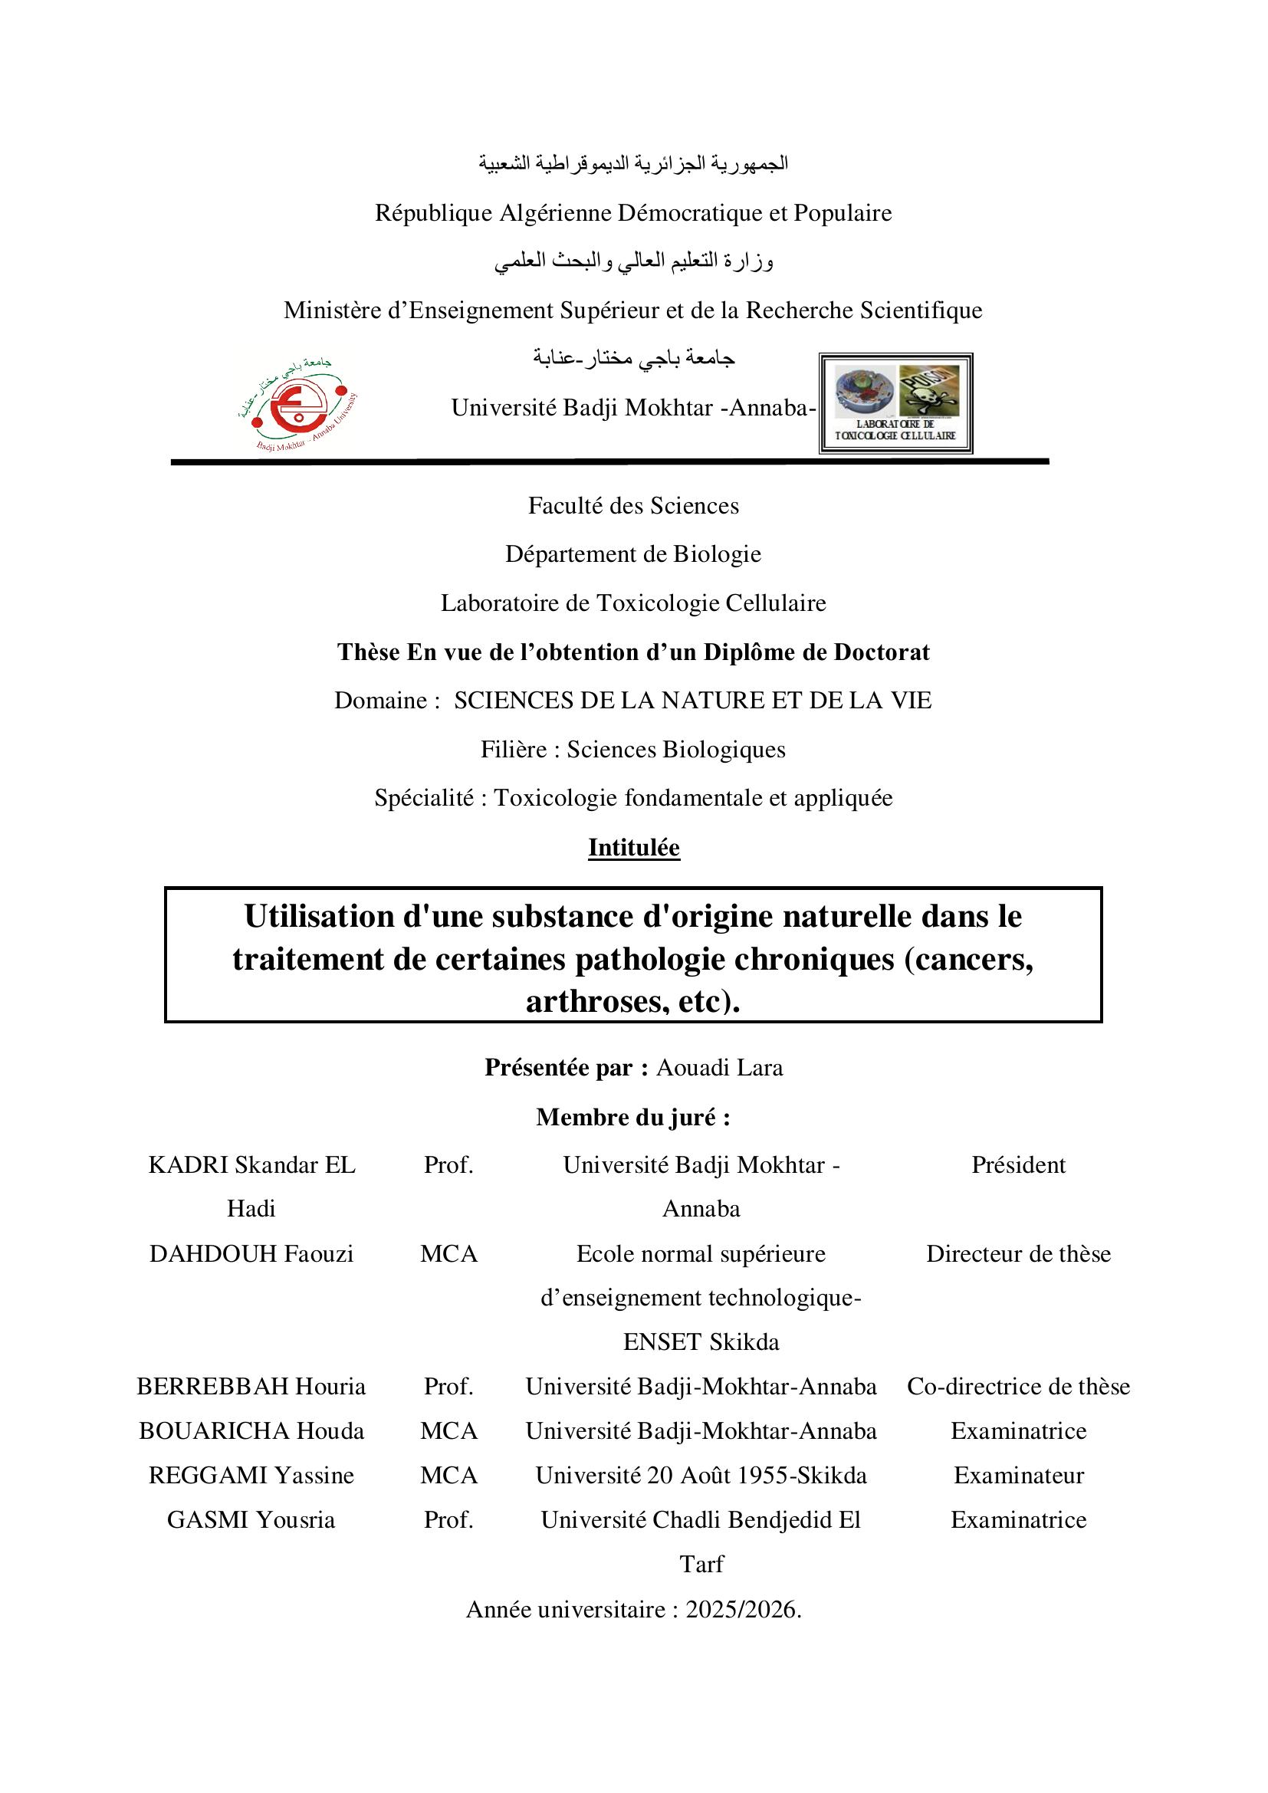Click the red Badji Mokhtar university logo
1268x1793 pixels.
[x=297, y=405]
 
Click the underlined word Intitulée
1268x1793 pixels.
[x=634, y=847]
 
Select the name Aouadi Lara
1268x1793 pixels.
[x=719, y=1068]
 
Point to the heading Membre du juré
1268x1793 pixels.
[x=633, y=1118]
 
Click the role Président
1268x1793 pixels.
[x=1018, y=1165]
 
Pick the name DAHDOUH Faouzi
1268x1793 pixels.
[x=251, y=1254]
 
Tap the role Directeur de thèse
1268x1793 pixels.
[x=1018, y=1254]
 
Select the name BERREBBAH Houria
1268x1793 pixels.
[x=251, y=1387]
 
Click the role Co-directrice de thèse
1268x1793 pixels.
[x=1018, y=1387]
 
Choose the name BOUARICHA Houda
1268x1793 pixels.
[x=251, y=1431]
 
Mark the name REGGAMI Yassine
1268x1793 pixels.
[x=251, y=1476]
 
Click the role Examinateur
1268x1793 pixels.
[x=1018, y=1476]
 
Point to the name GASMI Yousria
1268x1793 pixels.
[x=251, y=1519]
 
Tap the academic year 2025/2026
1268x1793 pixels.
[x=742, y=1610]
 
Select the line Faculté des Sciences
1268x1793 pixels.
[x=633, y=506]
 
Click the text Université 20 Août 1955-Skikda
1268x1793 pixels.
[x=701, y=1476]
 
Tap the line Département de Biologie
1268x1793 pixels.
[x=633, y=554]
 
